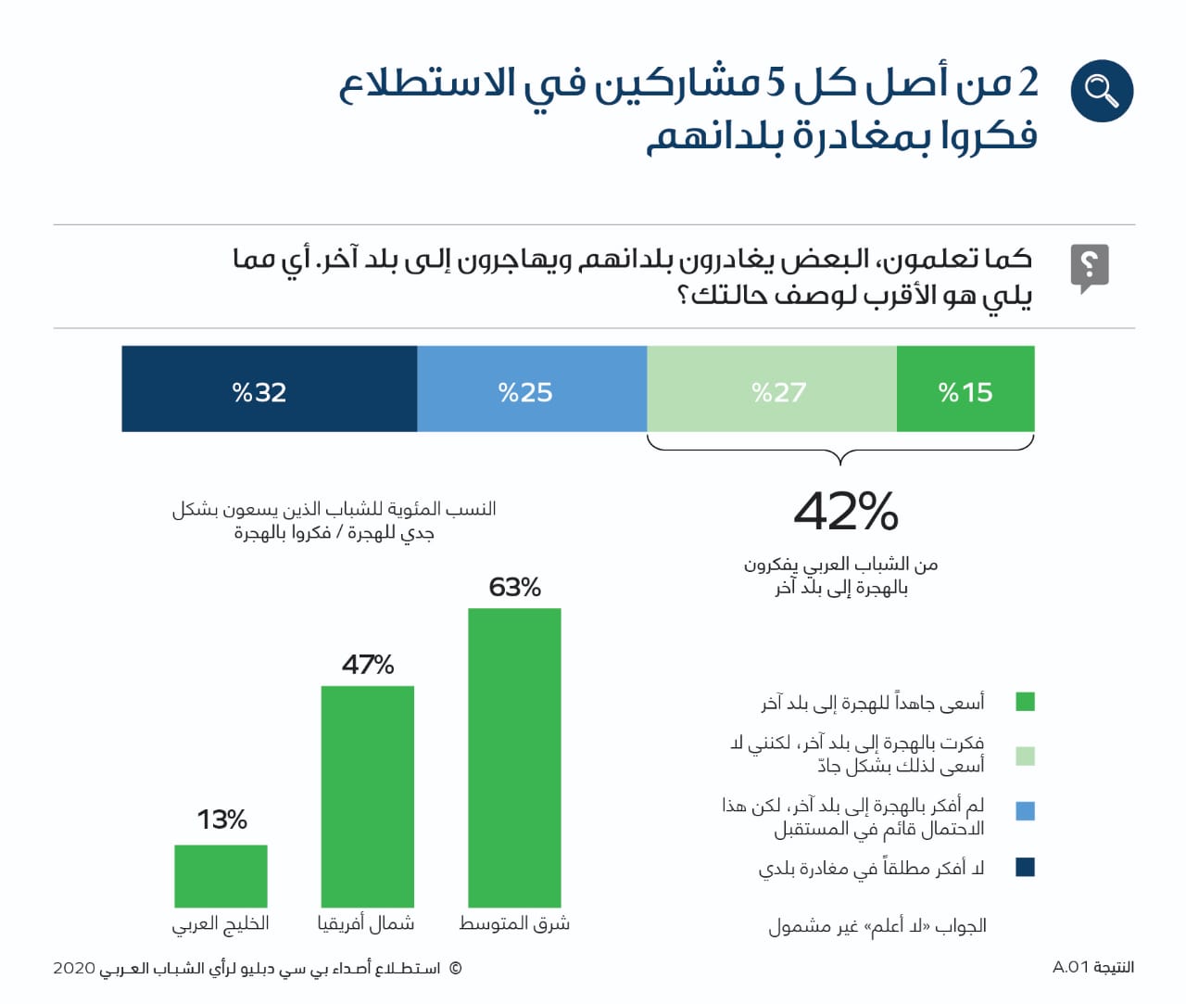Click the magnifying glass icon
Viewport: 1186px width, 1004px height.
click(1102, 91)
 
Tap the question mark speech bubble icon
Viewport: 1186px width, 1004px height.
click(1090, 268)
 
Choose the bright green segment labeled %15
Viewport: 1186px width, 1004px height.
click(965, 389)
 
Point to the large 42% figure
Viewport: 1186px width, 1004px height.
click(846, 511)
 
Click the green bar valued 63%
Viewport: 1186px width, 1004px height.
click(514, 757)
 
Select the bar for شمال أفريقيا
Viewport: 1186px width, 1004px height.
click(367, 796)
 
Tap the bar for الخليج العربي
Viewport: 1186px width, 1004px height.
click(221, 876)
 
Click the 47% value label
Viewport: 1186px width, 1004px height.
click(368, 665)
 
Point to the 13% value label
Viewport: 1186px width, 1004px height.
click(222, 820)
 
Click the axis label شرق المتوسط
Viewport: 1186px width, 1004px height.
click(514, 923)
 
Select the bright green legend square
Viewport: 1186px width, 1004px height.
click(1025, 702)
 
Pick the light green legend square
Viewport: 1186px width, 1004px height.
click(1025, 756)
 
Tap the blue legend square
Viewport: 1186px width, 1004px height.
click(1025, 811)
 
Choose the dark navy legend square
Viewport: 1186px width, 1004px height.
click(1025, 867)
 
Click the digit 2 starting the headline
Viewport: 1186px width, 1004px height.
click(1028, 83)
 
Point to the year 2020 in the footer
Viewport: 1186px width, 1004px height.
click(74, 968)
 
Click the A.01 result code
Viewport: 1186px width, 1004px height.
click(1070, 967)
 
